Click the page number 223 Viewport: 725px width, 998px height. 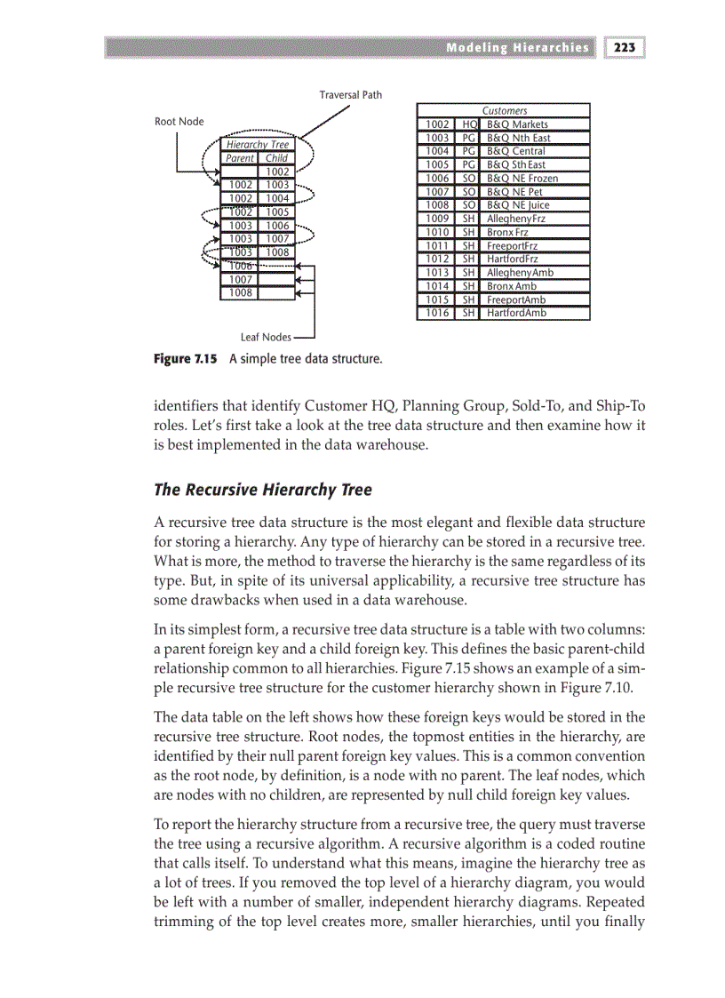[625, 47]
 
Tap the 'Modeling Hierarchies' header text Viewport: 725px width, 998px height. [517, 47]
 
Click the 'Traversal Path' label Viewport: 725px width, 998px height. [351, 95]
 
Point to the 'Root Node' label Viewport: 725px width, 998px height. [179, 122]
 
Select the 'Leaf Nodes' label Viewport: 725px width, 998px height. [266, 337]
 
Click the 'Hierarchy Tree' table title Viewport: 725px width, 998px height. [258, 144]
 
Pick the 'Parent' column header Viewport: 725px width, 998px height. [239, 158]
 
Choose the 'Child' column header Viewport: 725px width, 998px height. [276, 158]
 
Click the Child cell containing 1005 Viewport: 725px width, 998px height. [276, 212]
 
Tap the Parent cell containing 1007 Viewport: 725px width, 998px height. [239, 279]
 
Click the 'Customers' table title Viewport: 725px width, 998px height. [504, 111]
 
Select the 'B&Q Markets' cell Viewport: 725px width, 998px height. [517, 124]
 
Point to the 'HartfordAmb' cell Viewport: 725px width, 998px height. [516, 313]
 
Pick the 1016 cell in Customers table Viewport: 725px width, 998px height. [436, 313]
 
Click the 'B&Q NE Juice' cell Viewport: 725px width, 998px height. [521, 204]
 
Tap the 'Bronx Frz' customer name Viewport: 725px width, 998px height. [506, 232]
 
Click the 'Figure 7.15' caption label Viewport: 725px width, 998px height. [186, 360]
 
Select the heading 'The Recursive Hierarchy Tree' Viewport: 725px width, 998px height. [263, 490]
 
